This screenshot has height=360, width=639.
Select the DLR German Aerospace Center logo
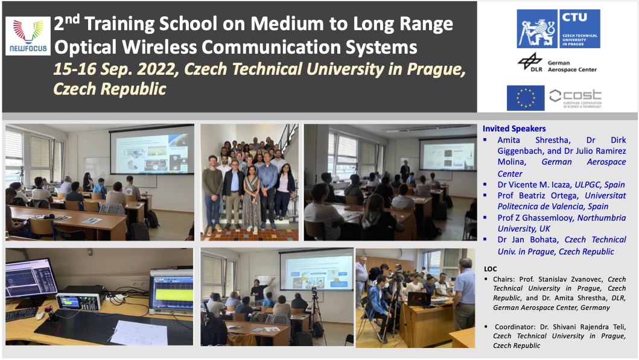pyautogui.click(x=556, y=63)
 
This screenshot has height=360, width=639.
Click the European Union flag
pyautogui.click(x=526, y=98)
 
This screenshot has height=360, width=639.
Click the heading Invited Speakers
pyautogui.click(x=514, y=128)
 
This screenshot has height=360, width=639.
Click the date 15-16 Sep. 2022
pyautogui.click(x=115, y=69)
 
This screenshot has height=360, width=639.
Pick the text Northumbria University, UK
pyautogui.click(x=562, y=223)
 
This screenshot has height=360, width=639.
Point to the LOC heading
pyautogui.click(x=491, y=268)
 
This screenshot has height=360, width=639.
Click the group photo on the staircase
pyautogui.click(x=249, y=182)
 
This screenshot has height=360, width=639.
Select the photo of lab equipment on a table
pyautogui.click(x=99, y=297)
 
